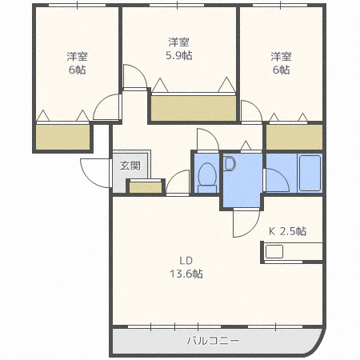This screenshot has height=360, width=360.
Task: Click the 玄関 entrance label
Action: [130, 166]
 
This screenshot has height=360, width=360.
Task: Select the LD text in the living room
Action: [186, 260]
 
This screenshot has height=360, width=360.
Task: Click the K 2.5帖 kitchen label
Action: [286, 231]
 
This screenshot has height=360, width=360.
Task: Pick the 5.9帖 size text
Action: [179, 55]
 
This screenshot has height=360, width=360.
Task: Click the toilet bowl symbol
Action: [206, 175]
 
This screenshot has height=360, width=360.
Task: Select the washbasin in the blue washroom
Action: [230, 165]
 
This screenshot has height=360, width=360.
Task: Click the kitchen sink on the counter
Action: [274, 251]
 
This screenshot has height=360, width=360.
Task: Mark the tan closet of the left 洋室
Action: [62, 137]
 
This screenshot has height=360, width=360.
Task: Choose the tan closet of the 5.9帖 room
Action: [194, 108]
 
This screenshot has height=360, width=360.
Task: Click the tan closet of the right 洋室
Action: [294, 137]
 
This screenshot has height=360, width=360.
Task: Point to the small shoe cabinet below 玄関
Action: [144, 187]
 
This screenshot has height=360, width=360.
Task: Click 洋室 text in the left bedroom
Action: [77, 56]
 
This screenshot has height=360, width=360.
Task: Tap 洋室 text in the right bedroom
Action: [280, 56]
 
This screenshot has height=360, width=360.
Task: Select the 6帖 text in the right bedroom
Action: [280, 70]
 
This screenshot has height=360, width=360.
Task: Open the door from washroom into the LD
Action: [243, 222]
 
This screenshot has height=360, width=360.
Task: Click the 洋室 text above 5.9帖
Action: [179, 42]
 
